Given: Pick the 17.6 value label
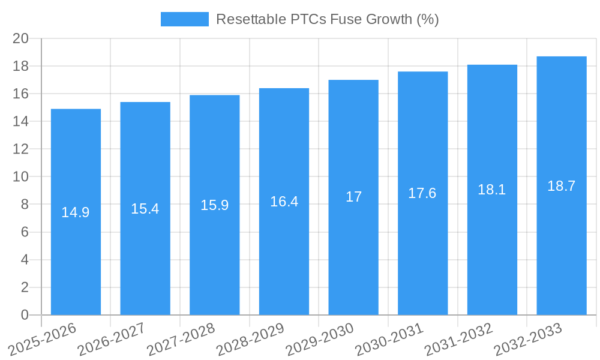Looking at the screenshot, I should [x=422, y=193].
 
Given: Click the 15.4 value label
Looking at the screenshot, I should [x=145, y=209].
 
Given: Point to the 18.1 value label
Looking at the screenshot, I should [x=492, y=190].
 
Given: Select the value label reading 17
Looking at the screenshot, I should [x=353, y=197].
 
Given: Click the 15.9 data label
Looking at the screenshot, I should [x=214, y=205].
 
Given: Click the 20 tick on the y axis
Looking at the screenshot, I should [x=21, y=38].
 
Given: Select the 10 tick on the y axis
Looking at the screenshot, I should [x=21, y=177].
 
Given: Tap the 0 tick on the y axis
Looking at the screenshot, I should [x=25, y=315].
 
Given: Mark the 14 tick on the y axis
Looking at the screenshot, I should [x=21, y=121].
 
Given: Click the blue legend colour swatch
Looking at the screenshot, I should [x=185, y=19].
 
